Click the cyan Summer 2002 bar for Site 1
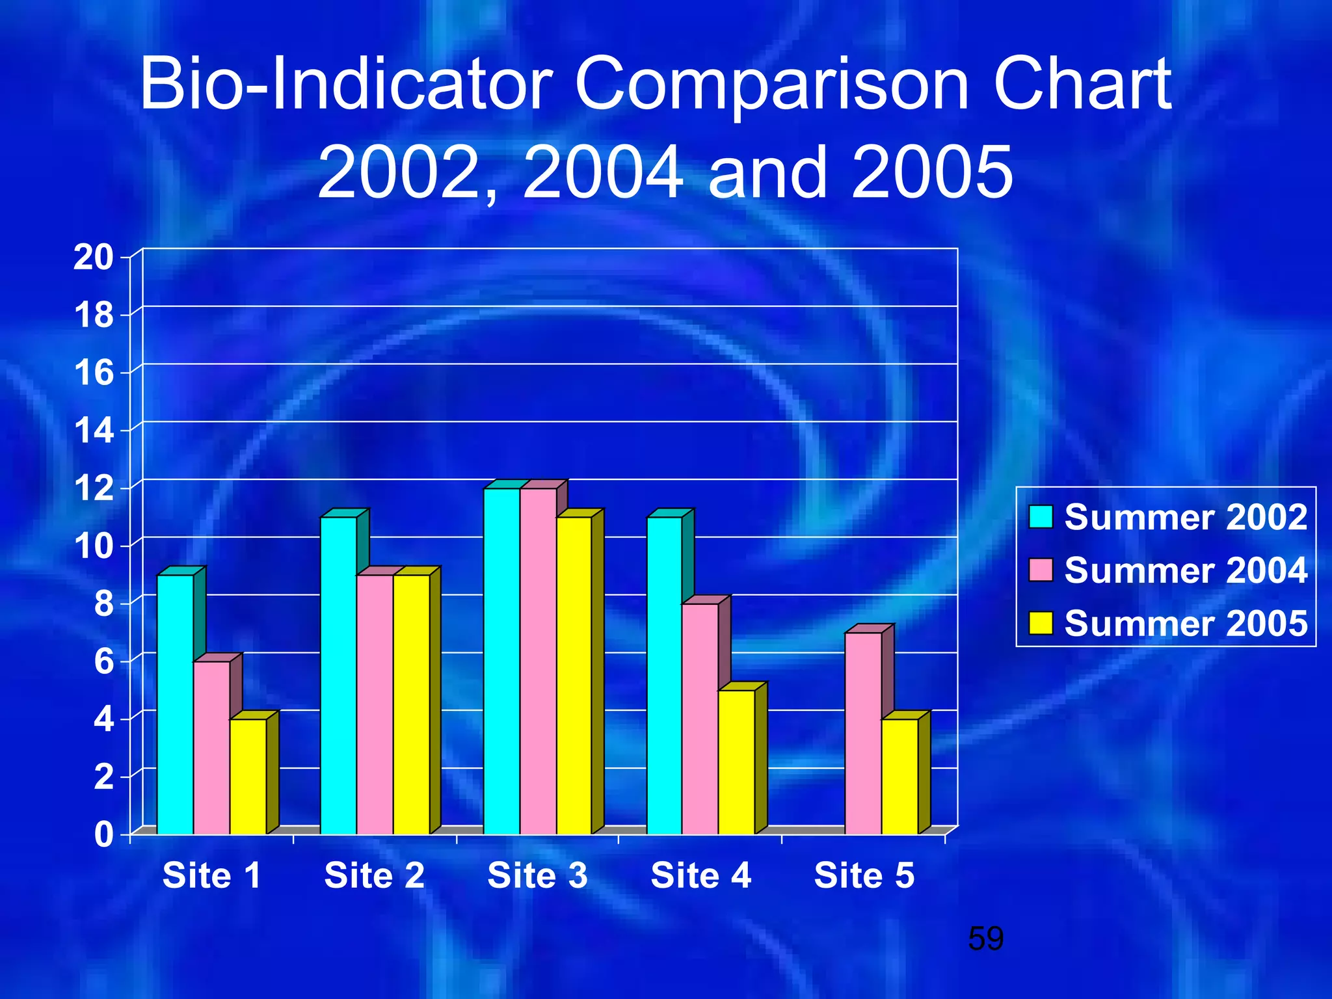point(175,704)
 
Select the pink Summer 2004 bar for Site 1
point(211,747)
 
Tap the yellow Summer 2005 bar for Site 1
point(248,776)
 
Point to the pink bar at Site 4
point(700,718)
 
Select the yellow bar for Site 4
point(736,762)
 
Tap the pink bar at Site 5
point(863,733)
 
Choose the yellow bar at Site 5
point(899,776)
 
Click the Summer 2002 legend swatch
point(1041,517)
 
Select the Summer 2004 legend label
point(1185,570)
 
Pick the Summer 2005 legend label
point(1185,624)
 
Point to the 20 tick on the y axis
point(93,258)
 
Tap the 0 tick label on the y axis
point(103,834)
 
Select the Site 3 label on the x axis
point(538,875)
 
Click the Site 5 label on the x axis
point(864,875)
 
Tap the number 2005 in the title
point(931,172)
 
